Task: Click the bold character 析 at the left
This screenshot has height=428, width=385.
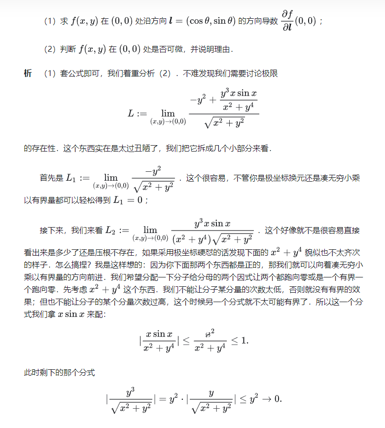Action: pos(28,74)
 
